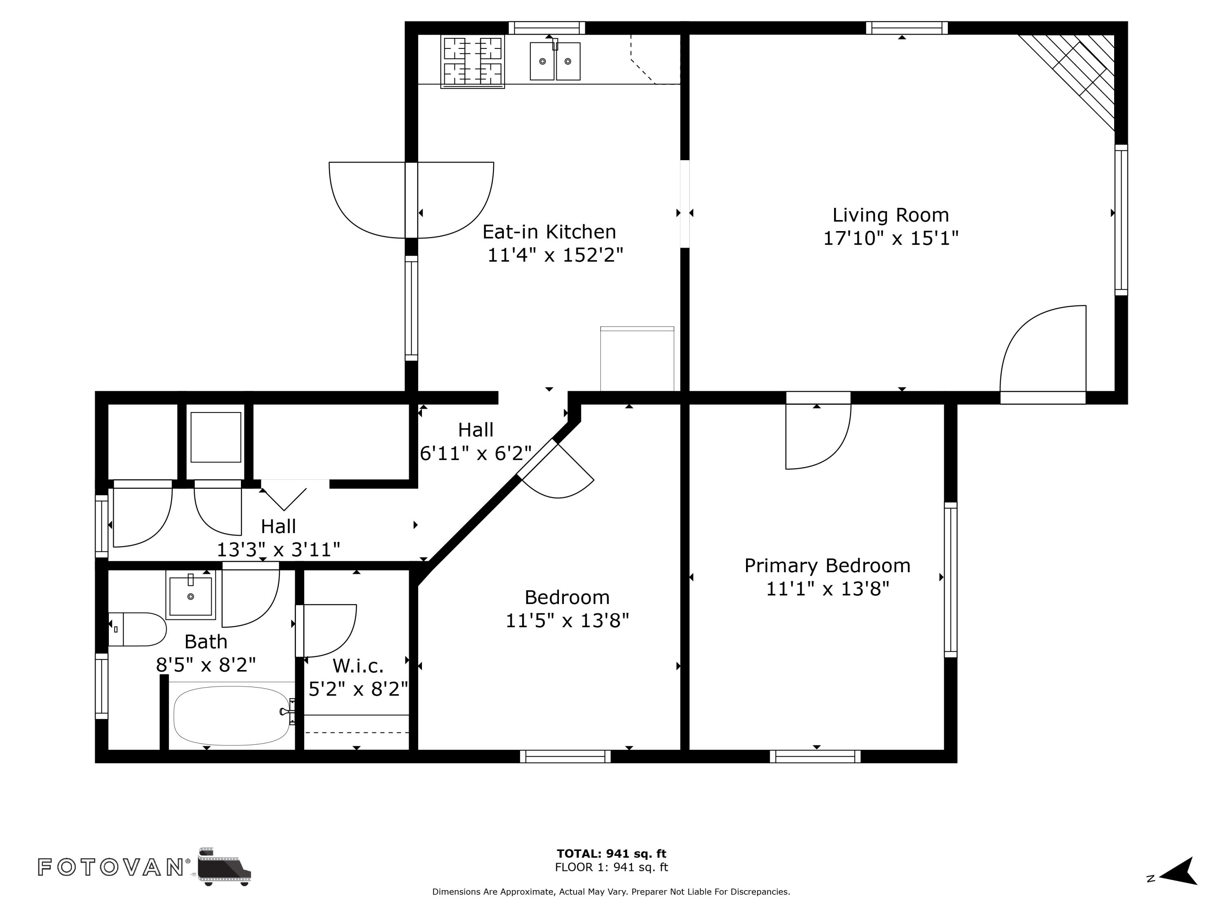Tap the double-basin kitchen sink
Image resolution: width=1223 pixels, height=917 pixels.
(x=555, y=60)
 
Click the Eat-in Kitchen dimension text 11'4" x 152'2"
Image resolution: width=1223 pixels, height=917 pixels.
(x=555, y=256)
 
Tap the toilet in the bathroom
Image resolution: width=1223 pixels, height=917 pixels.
(x=137, y=629)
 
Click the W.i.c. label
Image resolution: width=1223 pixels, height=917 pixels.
(x=358, y=666)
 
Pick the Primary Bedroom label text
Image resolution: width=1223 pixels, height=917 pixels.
(x=827, y=565)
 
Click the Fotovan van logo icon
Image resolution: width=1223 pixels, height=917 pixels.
(x=223, y=866)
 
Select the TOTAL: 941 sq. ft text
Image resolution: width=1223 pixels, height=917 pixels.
(x=611, y=853)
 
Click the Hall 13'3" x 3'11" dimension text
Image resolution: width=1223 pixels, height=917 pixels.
(x=278, y=550)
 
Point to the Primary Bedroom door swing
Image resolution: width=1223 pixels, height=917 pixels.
(x=818, y=436)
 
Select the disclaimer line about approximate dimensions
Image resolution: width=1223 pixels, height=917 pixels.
(x=611, y=892)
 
